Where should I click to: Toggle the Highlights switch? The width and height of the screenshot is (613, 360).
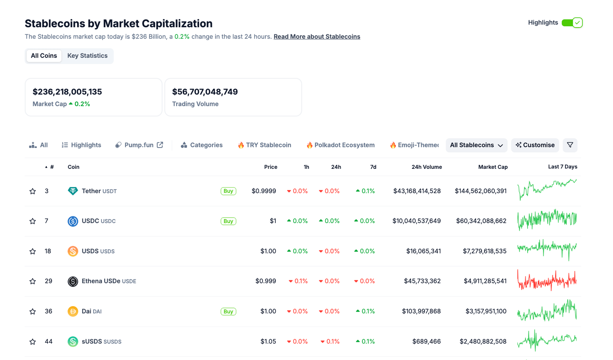pos(572,23)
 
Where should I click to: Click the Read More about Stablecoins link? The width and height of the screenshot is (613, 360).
pos(316,37)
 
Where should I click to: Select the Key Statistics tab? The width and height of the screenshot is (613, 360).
pos(87,56)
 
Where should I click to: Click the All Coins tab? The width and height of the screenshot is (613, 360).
pos(44,56)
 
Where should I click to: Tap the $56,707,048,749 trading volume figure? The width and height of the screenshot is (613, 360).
pos(205,92)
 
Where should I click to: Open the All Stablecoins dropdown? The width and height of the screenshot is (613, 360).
pos(476,145)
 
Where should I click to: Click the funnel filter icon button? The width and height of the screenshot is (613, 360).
pos(570,145)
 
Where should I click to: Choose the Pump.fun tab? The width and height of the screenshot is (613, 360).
pos(139,145)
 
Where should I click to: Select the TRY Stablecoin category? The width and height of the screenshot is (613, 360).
pos(265,145)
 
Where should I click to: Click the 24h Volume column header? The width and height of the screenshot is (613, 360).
pos(426,167)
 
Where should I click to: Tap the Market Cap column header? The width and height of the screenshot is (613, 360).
pos(492,167)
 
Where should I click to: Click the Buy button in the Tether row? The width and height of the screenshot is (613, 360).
pos(228,191)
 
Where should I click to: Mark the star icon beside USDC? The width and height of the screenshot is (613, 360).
pos(33,221)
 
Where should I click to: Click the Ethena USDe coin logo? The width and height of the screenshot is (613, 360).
pos(73,281)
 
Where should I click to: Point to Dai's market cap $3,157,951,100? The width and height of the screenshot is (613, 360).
pos(486,311)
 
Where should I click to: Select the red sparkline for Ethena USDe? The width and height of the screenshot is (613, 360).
pos(547,281)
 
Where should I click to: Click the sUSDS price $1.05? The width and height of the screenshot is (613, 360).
pos(268,342)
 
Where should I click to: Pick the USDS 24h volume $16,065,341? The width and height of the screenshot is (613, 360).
pos(423,251)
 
